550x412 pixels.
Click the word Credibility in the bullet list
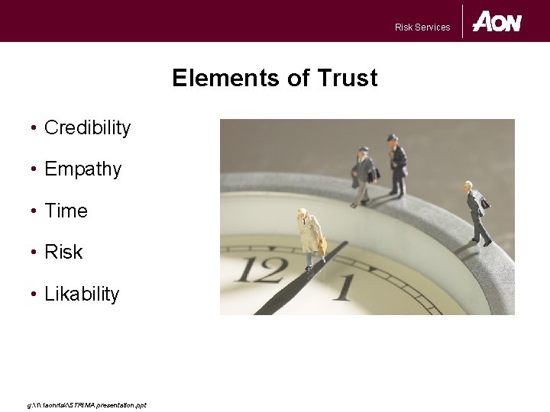87,128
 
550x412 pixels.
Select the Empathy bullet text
82,169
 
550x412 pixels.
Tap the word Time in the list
66,211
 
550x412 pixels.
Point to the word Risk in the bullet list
63,253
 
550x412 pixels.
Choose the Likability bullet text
82,294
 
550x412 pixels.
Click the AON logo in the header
497,21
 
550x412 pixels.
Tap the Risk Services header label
422,27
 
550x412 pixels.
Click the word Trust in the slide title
348,79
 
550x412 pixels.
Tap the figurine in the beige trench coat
310,238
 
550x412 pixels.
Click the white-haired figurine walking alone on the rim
478,213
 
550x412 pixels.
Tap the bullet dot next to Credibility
35,128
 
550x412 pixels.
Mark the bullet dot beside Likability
35,294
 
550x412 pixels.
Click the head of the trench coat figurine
303,214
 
